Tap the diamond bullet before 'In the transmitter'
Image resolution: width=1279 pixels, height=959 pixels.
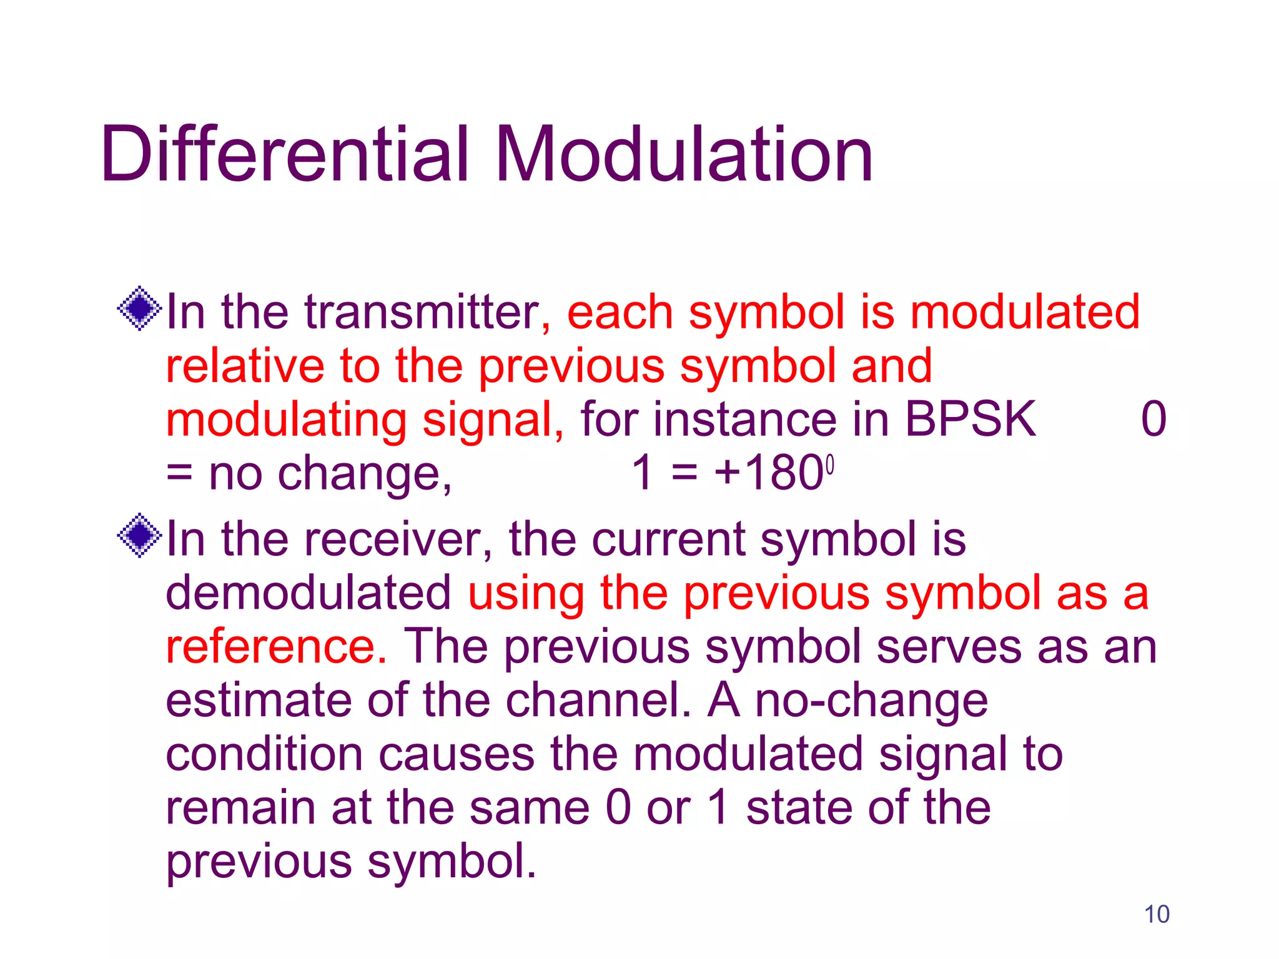click(x=140, y=308)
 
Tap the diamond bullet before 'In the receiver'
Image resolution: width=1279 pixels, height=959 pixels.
click(x=140, y=535)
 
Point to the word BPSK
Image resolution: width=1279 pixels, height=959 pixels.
click(x=970, y=419)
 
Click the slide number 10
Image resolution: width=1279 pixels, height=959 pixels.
click(x=1157, y=914)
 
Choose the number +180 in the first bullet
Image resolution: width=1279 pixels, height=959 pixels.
click(x=769, y=473)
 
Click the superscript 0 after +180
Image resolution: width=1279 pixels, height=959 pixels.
click(x=830, y=465)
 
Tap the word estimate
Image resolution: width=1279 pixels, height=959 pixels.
click(x=259, y=700)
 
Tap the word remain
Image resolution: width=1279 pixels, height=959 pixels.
click(x=240, y=807)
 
